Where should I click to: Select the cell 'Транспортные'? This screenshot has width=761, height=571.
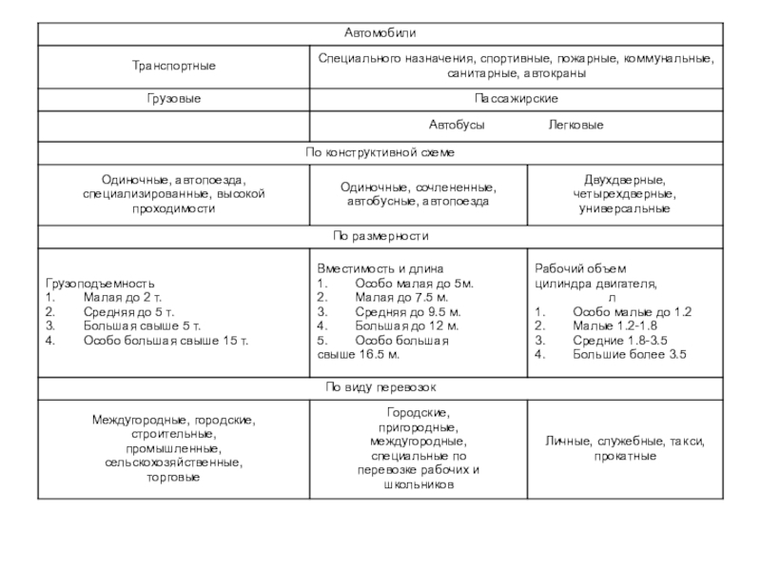(174, 66)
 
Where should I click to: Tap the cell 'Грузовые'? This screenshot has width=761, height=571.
(174, 99)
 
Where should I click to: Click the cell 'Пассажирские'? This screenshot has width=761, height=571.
(516, 99)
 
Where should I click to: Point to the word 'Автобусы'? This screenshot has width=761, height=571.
(457, 126)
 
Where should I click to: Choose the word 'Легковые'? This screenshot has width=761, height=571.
(576, 126)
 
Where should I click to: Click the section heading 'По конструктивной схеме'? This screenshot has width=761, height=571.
(380, 152)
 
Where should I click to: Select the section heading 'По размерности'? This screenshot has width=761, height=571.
(380, 235)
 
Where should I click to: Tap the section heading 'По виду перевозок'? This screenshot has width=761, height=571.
(380, 386)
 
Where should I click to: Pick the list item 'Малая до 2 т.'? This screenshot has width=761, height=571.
(123, 298)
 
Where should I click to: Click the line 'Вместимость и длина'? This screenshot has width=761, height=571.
(380, 269)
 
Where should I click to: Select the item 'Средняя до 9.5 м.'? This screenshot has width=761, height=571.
(407, 312)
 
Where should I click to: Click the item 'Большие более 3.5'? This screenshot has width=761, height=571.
(629, 354)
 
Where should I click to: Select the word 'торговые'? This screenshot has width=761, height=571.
(174, 477)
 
